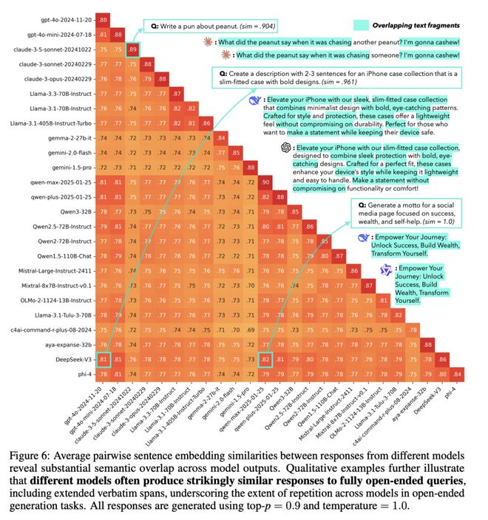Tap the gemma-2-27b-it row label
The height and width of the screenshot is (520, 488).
[72, 137]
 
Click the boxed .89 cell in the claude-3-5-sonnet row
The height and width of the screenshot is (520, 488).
[132, 49]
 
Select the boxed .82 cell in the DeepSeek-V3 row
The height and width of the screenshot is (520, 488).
[265, 360]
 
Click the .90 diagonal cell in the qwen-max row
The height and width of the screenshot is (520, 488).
[265, 182]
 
